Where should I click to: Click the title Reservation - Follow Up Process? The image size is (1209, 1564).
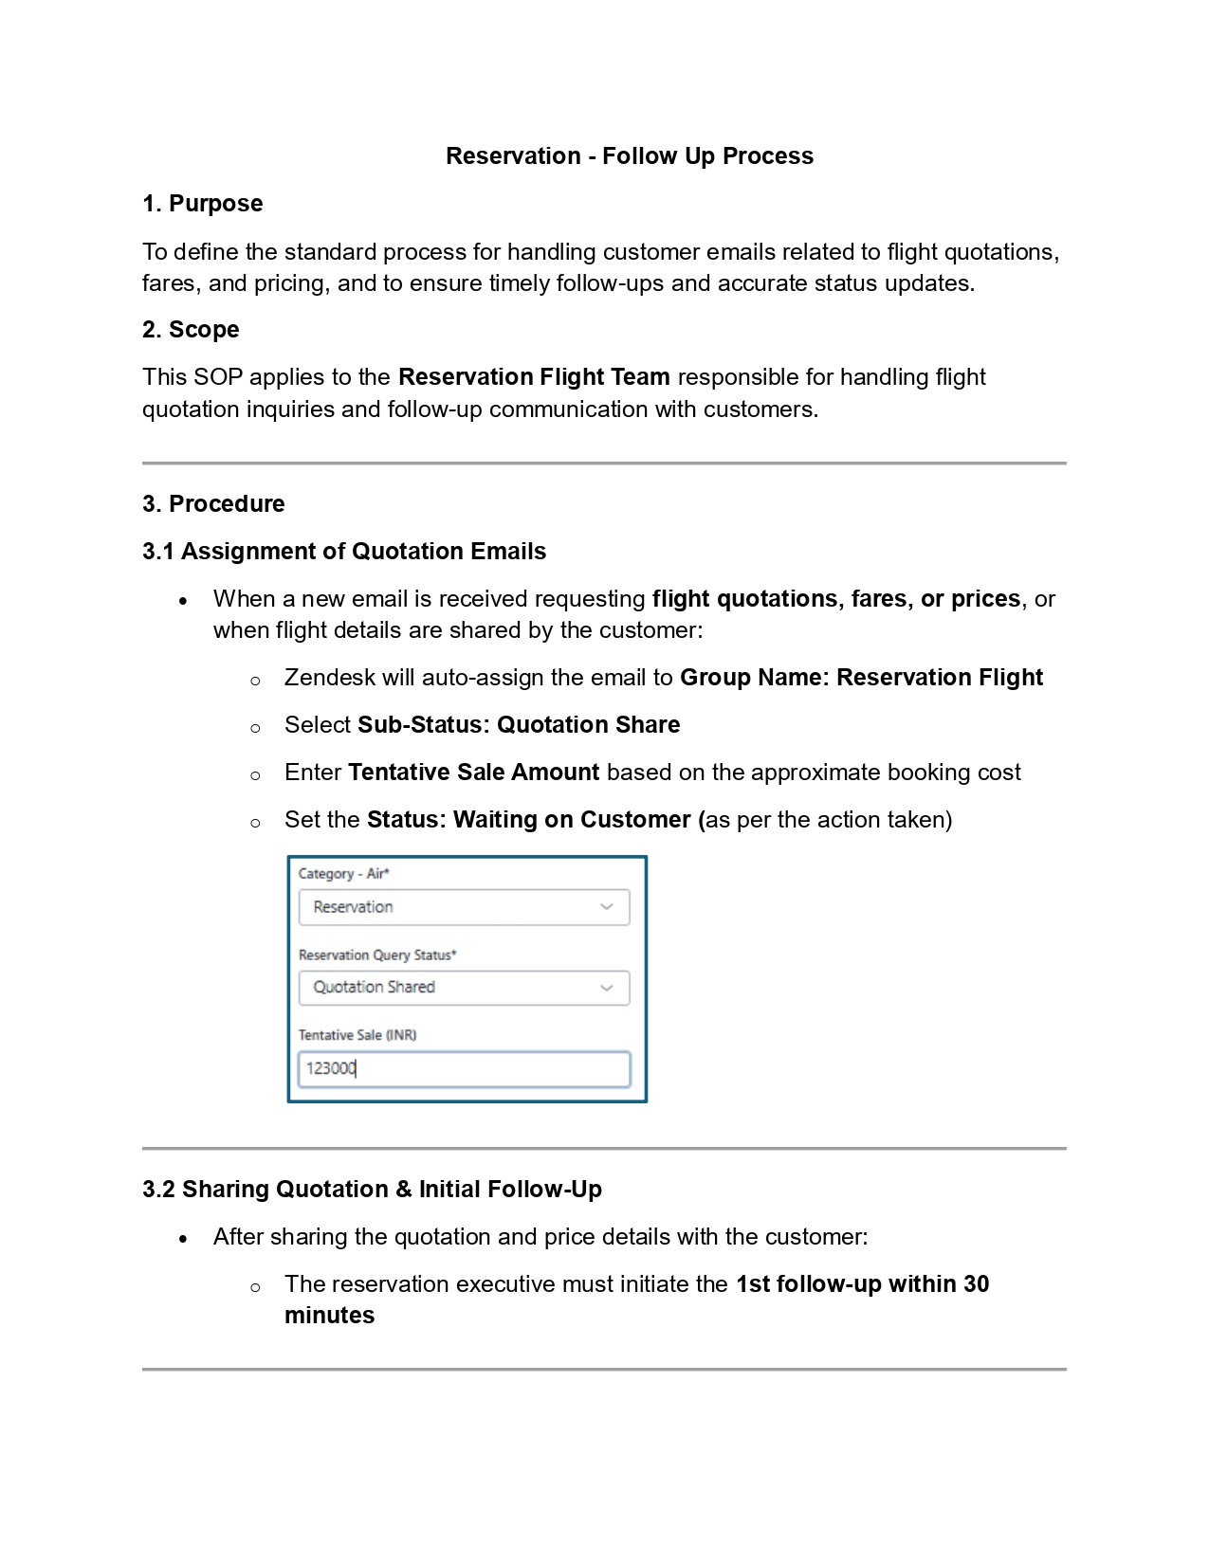[629, 156]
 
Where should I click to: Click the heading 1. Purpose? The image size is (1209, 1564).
[202, 204]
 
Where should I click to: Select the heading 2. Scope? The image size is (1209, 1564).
[191, 330]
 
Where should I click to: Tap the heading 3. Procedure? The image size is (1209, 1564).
[213, 504]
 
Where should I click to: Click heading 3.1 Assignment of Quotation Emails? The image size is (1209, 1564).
[344, 552]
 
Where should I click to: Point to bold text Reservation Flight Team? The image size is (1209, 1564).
[534, 377]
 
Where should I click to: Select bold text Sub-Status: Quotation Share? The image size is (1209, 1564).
[518, 725]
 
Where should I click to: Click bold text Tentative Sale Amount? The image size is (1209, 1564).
[473, 773]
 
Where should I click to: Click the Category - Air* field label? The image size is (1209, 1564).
[343, 874]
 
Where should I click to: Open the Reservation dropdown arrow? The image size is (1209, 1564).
[607, 907]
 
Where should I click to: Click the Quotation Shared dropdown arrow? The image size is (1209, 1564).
[607, 988]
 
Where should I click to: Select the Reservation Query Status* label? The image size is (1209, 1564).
[376, 955]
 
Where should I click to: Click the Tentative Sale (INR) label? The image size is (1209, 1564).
[357, 1035]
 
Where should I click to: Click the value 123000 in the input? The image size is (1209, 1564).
[330, 1068]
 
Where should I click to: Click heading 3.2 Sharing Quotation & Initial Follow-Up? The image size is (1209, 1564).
[372, 1190]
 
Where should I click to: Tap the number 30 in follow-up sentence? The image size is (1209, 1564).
[976, 1284]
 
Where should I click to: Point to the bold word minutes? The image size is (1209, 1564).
[329, 1316]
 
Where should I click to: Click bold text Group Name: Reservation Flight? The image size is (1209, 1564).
[861, 678]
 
